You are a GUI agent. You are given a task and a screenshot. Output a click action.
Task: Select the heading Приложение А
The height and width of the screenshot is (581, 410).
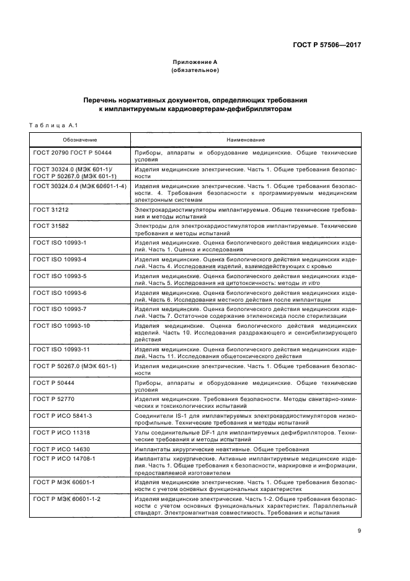click(x=194, y=61)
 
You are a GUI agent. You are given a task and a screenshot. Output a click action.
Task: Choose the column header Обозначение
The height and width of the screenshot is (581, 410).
click(x=79, y=140)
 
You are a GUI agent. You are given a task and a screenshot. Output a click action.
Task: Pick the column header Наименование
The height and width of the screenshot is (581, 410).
click(x=245, y=140)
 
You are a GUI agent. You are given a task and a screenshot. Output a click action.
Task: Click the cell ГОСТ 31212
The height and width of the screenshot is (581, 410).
click(x=51, y=210)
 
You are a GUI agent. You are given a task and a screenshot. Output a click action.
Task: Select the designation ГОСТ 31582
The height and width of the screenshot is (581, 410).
click(x=51, y=227)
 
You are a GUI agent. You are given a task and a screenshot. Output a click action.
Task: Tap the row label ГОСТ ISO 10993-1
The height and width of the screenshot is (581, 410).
click(x=60, y=242)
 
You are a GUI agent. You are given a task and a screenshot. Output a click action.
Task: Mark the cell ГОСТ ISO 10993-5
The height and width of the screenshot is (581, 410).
click(x=60, y=275)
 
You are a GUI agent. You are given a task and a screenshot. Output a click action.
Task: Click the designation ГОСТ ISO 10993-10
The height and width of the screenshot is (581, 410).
click(x=61, y=325)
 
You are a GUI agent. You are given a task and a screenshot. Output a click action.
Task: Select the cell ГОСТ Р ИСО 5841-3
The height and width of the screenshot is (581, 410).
click(x=62, y=415)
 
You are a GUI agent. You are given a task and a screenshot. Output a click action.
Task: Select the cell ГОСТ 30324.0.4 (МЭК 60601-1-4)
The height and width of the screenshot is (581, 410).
click(x=79, y=186)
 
